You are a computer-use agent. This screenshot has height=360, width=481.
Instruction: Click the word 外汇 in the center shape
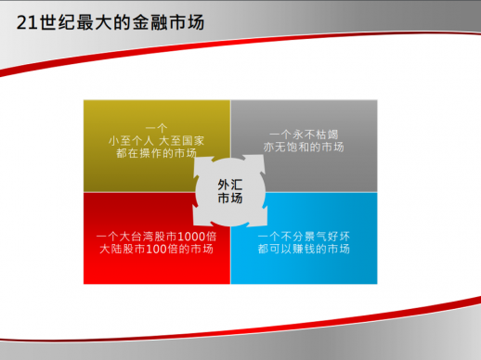click(229, 184)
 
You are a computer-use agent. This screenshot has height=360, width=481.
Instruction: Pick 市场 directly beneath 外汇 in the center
click(229, 199)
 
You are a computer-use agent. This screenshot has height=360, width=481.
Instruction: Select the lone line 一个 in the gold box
click(156, 127)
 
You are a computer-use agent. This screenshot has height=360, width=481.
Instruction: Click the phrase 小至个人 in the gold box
click(131, 140)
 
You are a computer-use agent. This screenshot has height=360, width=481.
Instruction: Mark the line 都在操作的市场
click(156, 153)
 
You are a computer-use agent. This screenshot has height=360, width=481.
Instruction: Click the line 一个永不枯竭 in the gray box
click(304, 134)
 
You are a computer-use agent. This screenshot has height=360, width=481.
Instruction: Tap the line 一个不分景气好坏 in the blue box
click(304, 235)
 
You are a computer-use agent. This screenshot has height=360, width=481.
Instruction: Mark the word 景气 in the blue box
click(309, 235)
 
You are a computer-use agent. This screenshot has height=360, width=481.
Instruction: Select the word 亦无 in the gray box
click(278, 147)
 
